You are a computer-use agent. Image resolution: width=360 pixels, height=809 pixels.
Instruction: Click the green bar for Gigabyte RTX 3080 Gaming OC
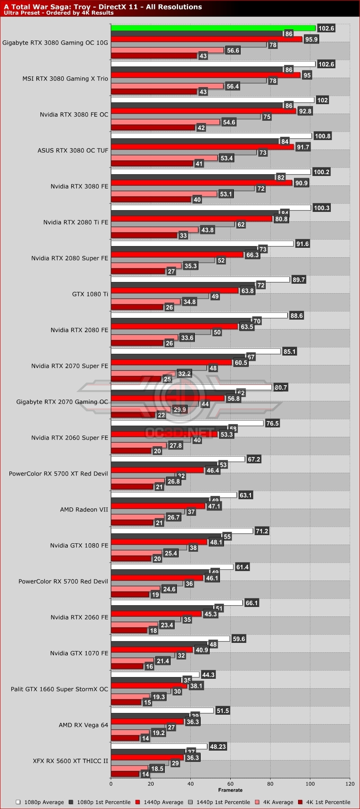213,28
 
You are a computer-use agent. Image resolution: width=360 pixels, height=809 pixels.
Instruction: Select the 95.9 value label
311,40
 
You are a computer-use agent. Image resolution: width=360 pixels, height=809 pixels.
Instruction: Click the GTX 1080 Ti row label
90,294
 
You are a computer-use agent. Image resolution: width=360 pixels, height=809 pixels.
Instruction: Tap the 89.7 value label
299,280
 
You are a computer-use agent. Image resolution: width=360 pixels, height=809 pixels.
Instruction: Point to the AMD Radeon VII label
84,510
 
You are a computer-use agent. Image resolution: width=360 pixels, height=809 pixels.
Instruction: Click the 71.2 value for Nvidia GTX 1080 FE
262,531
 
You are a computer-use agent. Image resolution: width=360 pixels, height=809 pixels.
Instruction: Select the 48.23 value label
218,747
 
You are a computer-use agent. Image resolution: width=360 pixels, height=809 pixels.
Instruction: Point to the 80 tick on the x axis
270,784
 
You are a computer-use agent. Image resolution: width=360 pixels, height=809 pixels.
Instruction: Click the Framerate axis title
230,790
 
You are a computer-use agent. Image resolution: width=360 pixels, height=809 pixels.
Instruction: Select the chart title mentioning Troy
103,7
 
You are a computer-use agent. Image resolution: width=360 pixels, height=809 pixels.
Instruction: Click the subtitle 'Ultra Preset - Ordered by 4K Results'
59,13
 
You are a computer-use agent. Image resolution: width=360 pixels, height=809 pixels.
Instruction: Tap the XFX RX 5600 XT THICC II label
70,761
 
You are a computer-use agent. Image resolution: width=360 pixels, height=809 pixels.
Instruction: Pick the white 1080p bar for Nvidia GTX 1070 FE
170,639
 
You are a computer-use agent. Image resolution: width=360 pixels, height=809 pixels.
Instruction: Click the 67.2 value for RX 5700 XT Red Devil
254,459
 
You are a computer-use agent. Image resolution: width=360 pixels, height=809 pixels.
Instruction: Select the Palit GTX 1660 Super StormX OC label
59,689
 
